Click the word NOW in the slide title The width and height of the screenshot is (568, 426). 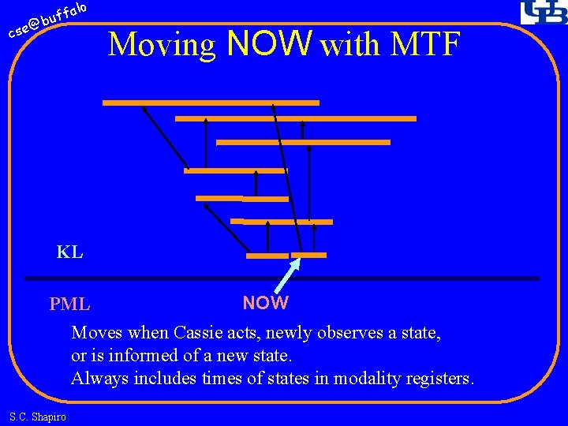269,44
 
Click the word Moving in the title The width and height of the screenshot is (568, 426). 163,46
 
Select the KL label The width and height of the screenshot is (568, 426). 69,252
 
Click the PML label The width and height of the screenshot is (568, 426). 69,304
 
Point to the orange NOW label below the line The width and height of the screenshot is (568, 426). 265,303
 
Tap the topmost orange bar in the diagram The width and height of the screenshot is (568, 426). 211,103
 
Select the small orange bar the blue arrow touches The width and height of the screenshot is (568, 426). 308,255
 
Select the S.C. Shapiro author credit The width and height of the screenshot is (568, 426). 38,417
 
